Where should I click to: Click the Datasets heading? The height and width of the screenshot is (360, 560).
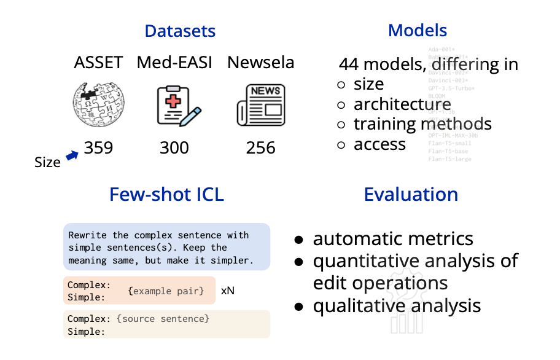point(180,31)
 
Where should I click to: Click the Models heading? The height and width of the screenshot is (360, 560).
point(418,30)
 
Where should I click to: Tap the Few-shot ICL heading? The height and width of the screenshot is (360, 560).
point(166,195)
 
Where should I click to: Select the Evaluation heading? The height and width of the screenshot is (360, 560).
point(411,195)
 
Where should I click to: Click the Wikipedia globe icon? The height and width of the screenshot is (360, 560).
point(98,104)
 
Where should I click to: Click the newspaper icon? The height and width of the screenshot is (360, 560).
point(260,104)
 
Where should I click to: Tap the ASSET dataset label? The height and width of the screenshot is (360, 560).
point(98,63)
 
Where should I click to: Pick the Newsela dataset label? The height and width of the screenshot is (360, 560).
point(260,63)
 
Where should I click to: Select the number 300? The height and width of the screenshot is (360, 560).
point(174,147)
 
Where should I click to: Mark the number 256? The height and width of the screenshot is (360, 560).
point(260,147)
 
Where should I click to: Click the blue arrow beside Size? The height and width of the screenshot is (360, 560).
point(72,156)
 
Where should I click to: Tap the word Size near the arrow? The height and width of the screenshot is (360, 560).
point(47,162)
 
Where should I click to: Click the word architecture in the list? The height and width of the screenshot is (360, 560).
point(402,104)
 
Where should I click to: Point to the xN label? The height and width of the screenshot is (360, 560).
point(227,290)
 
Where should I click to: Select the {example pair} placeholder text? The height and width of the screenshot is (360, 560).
point(166,290)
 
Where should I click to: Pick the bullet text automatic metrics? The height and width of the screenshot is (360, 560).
point(393,239)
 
